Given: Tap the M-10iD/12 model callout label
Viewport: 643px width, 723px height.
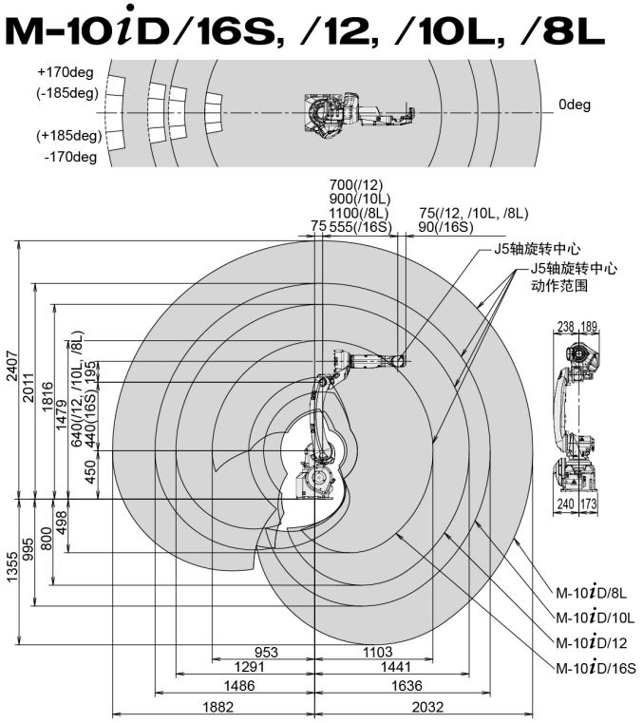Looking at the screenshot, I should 595,643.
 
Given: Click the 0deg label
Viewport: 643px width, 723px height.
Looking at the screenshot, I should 575,105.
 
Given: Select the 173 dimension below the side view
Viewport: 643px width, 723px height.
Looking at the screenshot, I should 590,504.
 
